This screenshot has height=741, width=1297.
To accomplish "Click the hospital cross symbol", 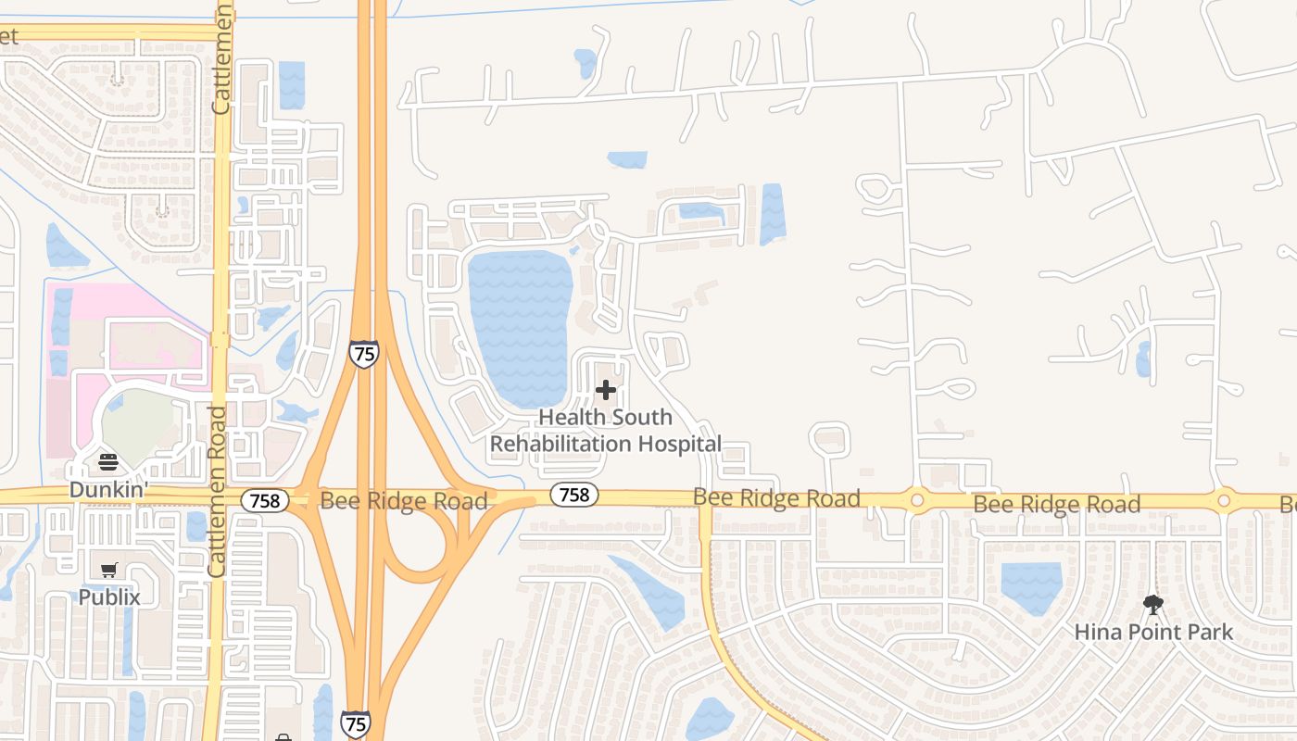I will click(606, 390).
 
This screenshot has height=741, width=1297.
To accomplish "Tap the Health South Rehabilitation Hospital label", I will click(605, 431).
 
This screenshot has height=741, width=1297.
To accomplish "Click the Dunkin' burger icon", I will click(108, 462).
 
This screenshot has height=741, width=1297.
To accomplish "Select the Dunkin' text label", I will click(108, 490).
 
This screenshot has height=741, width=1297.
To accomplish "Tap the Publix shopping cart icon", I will click(109, 570).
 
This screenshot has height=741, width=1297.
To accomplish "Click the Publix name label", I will click(109, 597).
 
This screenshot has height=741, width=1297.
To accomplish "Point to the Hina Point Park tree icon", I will click(1153, 606).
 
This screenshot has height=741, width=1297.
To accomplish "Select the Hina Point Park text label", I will click(1153, 633).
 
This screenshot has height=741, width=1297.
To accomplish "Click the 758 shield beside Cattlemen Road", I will click(264, 501).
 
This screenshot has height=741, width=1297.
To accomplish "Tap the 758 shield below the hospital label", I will click(573, 496).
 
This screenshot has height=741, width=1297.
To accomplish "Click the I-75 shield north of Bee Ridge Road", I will click(364, 354).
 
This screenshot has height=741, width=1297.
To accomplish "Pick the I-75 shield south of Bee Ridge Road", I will click(355, 724).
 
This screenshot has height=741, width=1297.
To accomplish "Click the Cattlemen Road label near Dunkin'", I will click(218, 491).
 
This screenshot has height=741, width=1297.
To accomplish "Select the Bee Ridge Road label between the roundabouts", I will click(1056, 505).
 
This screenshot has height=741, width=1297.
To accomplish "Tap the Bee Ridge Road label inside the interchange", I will click(403, 502).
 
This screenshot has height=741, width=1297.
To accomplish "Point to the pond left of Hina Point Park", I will click(1031, 585).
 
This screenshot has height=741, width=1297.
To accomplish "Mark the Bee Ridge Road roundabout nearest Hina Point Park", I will click(1224, 501).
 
